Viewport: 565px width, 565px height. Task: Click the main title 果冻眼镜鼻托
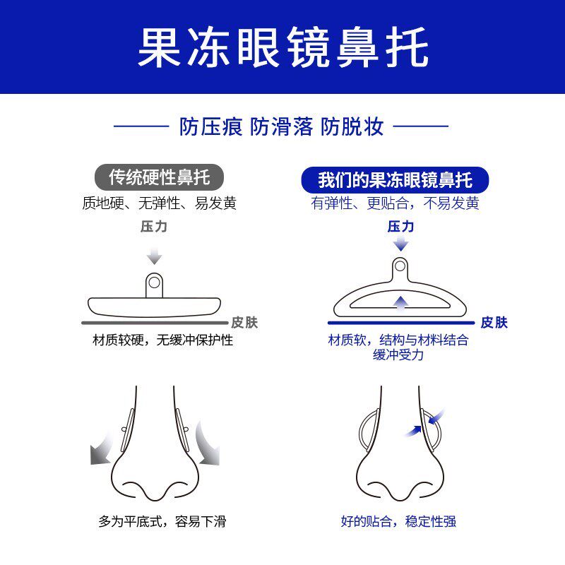point(282,47)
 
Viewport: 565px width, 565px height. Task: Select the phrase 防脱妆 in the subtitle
point(352,127)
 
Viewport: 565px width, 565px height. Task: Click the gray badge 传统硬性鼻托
point(159,176)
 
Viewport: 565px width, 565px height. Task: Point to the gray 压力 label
point(154,227)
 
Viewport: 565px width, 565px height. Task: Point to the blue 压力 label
point(400,227)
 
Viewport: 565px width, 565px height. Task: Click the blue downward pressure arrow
point(401,244)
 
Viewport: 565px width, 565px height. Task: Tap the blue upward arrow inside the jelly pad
point(401,303)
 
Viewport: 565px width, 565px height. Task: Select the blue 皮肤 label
point(494,323)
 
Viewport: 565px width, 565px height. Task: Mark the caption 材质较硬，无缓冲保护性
point(163,340)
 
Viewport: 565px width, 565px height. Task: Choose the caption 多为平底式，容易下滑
point(162,523)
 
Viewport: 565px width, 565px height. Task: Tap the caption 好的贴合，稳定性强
point(398,523)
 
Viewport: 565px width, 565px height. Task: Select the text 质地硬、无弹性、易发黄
point(159,203)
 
